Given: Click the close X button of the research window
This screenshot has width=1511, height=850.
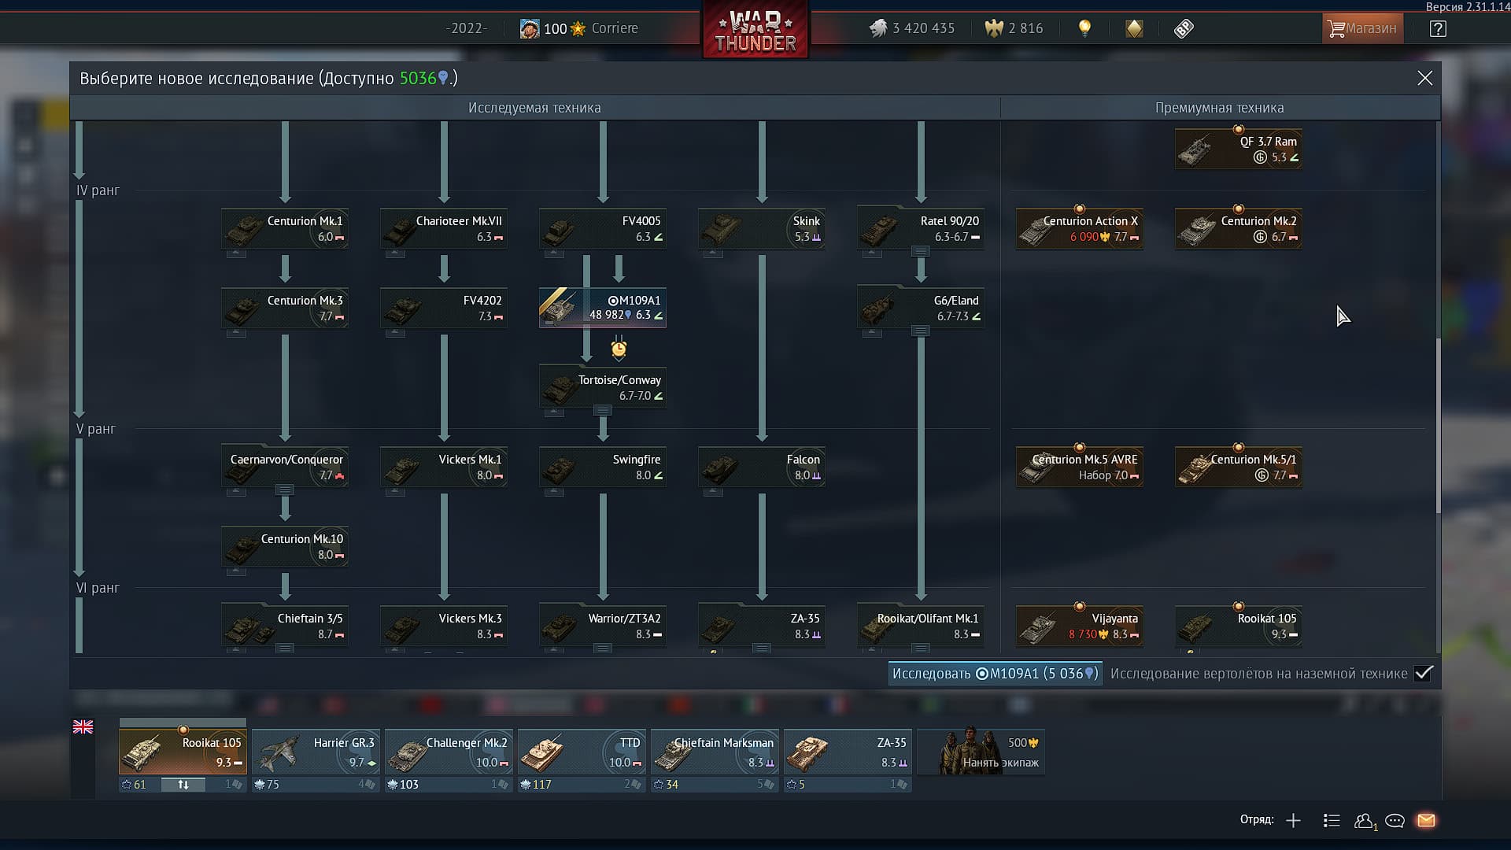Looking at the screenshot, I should (1424, 78).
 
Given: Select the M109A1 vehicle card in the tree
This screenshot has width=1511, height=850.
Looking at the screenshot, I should (603, 308).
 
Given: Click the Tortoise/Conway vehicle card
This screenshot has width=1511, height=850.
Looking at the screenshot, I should (603, 387).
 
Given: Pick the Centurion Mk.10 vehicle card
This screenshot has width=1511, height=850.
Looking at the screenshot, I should (285, 546).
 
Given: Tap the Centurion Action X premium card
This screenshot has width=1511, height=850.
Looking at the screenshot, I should (1080, 229).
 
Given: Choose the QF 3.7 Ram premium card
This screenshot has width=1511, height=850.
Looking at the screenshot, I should (1239, 149).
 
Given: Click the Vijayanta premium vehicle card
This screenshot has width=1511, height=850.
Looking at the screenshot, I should (1080, 626).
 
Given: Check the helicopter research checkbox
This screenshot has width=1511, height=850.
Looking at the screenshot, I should (1423, 674).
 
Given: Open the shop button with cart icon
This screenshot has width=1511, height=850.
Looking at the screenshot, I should (1362, 28).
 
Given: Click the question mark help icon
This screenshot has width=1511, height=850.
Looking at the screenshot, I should (1438, 29).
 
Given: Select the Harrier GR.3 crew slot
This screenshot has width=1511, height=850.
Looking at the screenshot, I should (316, 752).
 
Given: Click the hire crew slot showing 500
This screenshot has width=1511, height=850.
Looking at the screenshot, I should (981, 752).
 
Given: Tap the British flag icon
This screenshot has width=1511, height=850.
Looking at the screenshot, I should (83, 727).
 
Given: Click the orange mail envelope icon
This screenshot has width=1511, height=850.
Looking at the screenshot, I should (1426, 821).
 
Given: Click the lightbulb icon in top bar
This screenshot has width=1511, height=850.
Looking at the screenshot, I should (1084, 28).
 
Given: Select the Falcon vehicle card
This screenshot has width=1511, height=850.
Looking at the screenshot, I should (762, 467).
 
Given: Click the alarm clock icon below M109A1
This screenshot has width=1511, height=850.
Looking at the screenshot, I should (619, 349).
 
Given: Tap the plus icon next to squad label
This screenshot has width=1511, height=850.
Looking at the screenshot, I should (1293, 821).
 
